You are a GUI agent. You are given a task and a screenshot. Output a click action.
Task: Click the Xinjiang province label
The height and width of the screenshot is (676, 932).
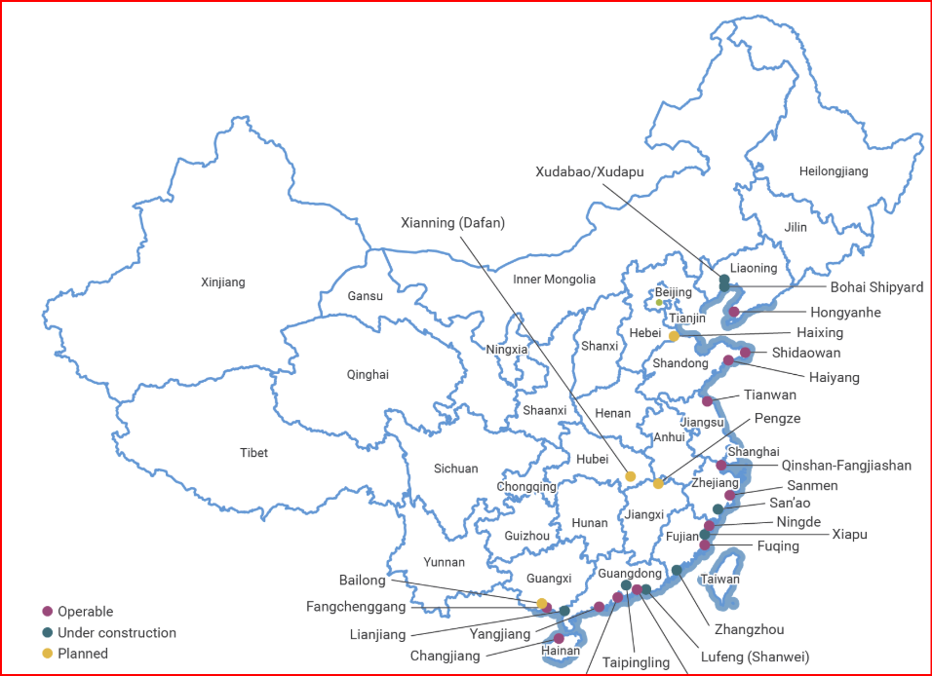coord(223,282)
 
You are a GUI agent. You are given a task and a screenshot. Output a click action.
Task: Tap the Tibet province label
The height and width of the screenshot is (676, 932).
coord(253,453)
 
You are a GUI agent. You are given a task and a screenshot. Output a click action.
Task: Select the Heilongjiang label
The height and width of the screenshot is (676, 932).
coord(833,171)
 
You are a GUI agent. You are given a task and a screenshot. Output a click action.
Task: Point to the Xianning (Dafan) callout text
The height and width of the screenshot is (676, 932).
coord(452,223)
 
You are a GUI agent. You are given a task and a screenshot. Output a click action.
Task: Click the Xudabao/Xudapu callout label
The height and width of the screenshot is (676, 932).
coord(590,171)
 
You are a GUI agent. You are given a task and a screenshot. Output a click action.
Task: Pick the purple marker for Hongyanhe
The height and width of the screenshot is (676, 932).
coord(734,312)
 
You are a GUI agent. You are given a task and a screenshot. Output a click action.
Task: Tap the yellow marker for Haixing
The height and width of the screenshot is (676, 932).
coord(674,336)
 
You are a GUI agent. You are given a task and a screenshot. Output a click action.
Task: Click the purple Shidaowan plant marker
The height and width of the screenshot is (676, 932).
coord(746,353)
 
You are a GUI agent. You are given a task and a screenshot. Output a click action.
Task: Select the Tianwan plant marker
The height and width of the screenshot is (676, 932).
coord(708,400)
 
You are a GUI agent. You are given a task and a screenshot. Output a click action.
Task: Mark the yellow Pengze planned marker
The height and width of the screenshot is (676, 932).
coord(658,483)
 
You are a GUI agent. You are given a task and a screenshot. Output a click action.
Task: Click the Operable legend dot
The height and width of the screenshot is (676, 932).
coord(47,612)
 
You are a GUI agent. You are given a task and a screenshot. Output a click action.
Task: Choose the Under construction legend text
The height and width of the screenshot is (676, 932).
coord(117,633)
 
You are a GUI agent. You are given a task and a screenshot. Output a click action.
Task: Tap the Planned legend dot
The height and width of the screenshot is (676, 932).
coord(47,654)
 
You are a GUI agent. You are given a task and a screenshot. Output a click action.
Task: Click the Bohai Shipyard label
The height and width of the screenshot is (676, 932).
coord(876,287)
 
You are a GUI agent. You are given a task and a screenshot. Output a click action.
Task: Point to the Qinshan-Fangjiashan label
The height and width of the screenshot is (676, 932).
coord(846,466)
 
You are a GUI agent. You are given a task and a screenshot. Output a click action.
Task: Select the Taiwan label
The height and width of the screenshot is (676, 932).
coord(720,580)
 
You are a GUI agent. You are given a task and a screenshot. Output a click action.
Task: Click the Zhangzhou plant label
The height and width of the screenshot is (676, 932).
coord(749,629)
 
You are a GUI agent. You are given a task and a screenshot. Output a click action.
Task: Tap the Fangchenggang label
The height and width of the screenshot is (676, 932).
coord(356,606)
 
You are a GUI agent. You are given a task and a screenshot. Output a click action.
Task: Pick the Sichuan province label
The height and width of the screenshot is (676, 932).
coord(455,469)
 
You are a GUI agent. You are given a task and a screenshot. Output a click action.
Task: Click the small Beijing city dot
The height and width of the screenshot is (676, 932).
coord(659,302)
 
